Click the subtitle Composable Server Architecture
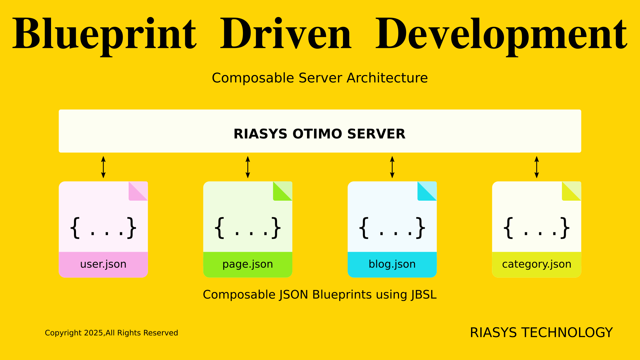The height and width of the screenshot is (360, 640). point(320,78)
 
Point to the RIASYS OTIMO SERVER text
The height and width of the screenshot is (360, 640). point(319,134)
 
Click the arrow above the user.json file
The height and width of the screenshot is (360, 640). point(103,167)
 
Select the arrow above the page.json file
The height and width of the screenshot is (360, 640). point(248,167)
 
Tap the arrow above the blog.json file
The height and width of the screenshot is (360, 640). point(392,167)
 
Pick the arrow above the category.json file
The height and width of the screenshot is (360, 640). point(537,167)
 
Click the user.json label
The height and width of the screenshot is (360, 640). point(103,264)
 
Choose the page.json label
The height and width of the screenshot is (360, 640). point(248,264)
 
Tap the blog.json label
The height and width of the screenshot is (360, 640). point(392,264)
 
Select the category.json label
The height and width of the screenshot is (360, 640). point(537,264)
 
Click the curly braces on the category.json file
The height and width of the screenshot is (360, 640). point(537,228)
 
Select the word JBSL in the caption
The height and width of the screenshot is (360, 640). point(424,295)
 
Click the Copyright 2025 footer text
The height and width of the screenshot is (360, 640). point(111,333)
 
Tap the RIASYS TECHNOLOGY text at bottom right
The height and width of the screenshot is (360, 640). point(541,333)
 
